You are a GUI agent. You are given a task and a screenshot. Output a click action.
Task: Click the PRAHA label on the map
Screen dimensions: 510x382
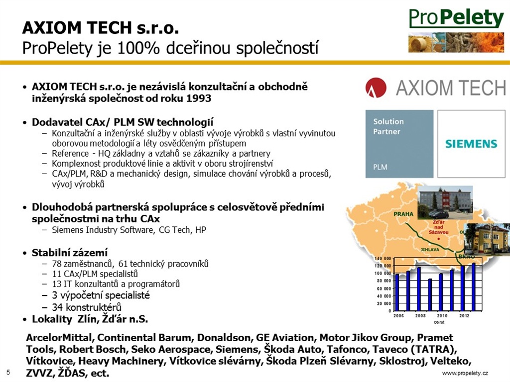[x=403, y=214]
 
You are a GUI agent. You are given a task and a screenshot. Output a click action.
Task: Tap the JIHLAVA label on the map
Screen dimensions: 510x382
[x=430, y=250]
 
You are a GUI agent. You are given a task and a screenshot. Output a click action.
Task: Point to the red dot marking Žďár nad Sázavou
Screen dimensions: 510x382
[x=439, y=239]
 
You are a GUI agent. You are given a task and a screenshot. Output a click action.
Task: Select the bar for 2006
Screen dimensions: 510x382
[x=397, y=292]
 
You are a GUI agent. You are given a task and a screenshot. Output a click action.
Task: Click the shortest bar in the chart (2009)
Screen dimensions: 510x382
[x=430, y=294]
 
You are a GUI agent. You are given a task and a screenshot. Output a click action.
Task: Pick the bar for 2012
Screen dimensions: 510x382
[x=463, y=288]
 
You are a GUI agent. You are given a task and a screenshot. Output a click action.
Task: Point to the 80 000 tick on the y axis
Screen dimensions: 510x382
[x=383, y=281]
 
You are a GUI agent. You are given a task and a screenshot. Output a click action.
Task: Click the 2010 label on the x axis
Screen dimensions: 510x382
[x=442, y=316]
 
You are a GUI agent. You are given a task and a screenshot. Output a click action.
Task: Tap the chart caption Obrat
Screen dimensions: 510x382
[x=439, y=322]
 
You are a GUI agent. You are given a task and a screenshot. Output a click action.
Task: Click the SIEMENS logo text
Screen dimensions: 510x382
[x=471, y=144]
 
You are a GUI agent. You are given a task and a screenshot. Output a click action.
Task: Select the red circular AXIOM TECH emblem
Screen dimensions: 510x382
[x=376, y=88]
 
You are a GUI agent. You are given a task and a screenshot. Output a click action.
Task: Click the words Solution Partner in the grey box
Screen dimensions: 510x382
[x=388, y=126]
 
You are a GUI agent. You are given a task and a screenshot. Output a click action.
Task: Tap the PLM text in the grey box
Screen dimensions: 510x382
[x=380, y=167]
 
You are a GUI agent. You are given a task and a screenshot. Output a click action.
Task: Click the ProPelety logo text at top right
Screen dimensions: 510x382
[x=456, y=18]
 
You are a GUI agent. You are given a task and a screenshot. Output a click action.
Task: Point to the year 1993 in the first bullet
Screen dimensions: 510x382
[x=199, y=98]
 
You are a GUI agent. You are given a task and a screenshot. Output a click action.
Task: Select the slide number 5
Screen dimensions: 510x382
[x=8, y=372]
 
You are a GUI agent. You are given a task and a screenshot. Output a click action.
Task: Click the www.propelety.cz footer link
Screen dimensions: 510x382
[x=465, y=373]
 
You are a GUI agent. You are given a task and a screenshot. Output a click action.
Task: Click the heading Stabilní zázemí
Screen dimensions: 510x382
[x=70, y=253]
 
